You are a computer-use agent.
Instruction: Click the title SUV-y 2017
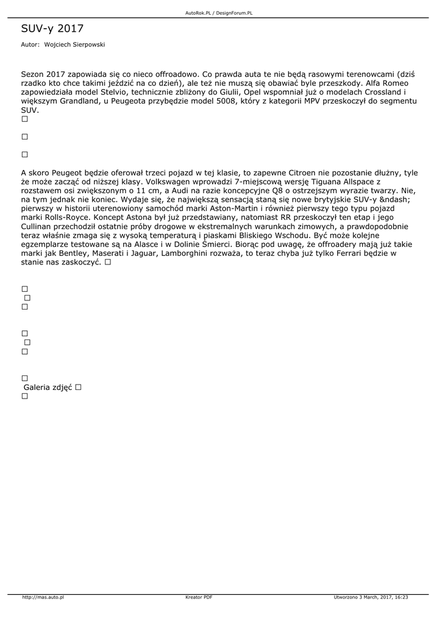click(x=52, y=29)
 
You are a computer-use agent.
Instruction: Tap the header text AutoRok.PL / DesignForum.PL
click(x=219, y=13)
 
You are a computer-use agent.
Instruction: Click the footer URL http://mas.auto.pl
click(x=43, y=597)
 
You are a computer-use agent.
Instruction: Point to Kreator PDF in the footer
click(x=199, y=597)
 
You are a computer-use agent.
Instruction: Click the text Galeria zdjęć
click(x=48, y=387)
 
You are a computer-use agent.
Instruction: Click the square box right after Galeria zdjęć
click(x=79, y=387)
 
